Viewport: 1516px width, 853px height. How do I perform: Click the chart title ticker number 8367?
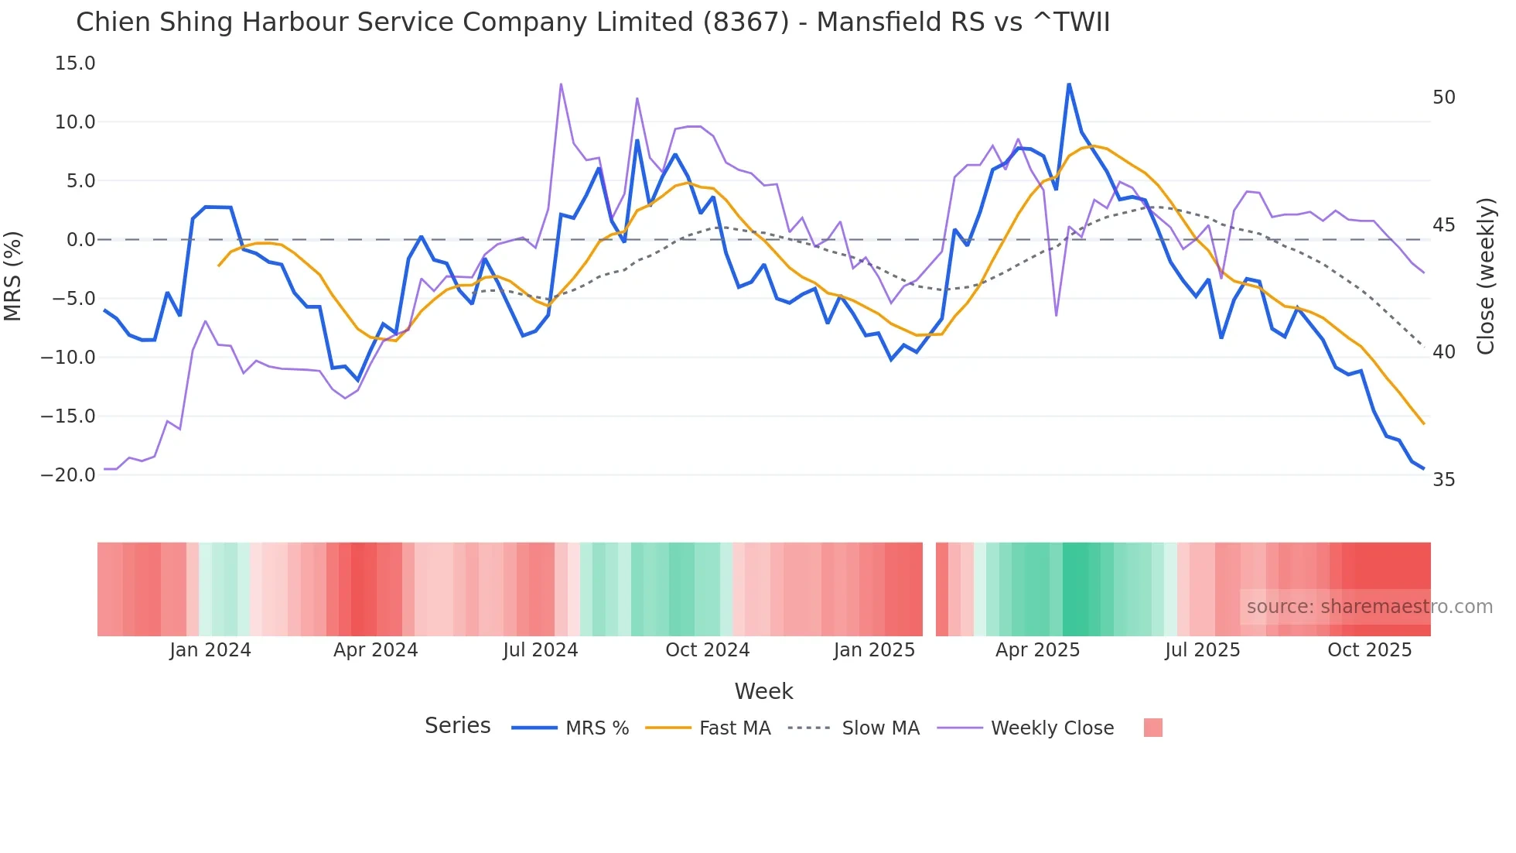pyautogui.click(x=746, y=22)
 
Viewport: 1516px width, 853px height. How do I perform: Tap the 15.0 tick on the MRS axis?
pyautogui.click(x=75, y=63)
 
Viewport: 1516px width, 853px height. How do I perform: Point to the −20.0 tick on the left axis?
pyautogui.click(x=68, y=475)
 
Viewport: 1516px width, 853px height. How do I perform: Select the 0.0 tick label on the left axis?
pyautogui.click(x=80, y=240)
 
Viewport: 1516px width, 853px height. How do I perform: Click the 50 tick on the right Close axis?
pyautogui.click(x=1443, y=98)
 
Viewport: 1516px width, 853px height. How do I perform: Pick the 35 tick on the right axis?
pyautogui.click(x=1443, y=480)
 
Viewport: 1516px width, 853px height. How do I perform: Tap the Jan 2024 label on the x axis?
pyautogui.click(x=210, y=650)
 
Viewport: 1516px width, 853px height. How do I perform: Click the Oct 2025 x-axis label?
pyautogui.click(x=1369, y=650)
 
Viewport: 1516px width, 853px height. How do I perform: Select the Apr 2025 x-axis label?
pyautogui.click(x=1037, y=650)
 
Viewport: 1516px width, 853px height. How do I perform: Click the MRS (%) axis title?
pyautogui.click(x=13, y=276)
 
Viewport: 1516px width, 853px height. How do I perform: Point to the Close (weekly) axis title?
pyautogui.click(x=1485, y=276)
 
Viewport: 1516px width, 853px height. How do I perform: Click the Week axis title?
pyautogui.click(x=763, y=691)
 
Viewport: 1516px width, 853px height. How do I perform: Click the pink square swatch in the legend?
pyautogui.click(x=1152, y=728)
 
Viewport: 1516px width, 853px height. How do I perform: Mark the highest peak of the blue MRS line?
pyautogui.click(x=1069, y=84)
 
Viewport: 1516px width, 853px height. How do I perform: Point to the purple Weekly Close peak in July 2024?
pyautogui.click(x=561, y=84)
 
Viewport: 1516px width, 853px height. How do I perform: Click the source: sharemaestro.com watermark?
pyautogui.click(x=1369, y=607)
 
